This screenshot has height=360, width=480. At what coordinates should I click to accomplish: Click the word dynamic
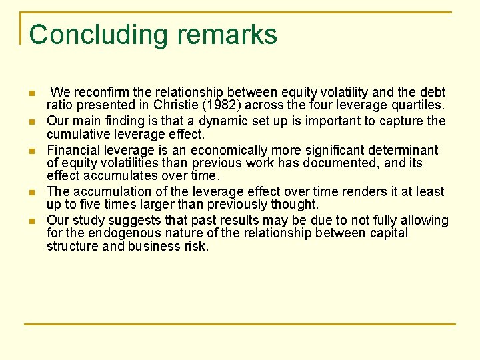coord(221,121)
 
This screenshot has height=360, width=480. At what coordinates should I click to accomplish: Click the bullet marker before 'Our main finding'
coord(31,122)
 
